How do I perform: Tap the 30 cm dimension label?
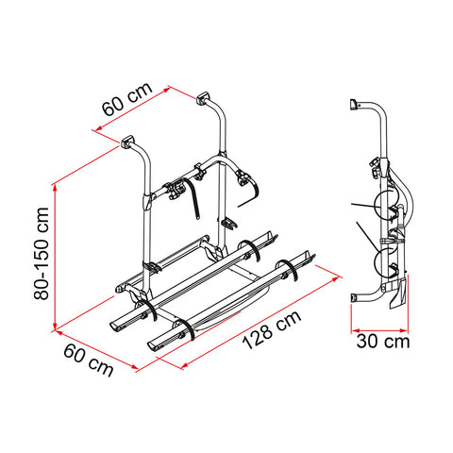tap(383, 342)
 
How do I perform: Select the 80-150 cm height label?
tap(42, 254)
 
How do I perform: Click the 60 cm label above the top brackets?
tap(127, 99)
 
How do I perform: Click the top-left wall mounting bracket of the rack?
tap(126, 142)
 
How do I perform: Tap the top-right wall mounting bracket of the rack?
tap(203, 98)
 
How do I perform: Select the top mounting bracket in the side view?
tap(355, 105)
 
